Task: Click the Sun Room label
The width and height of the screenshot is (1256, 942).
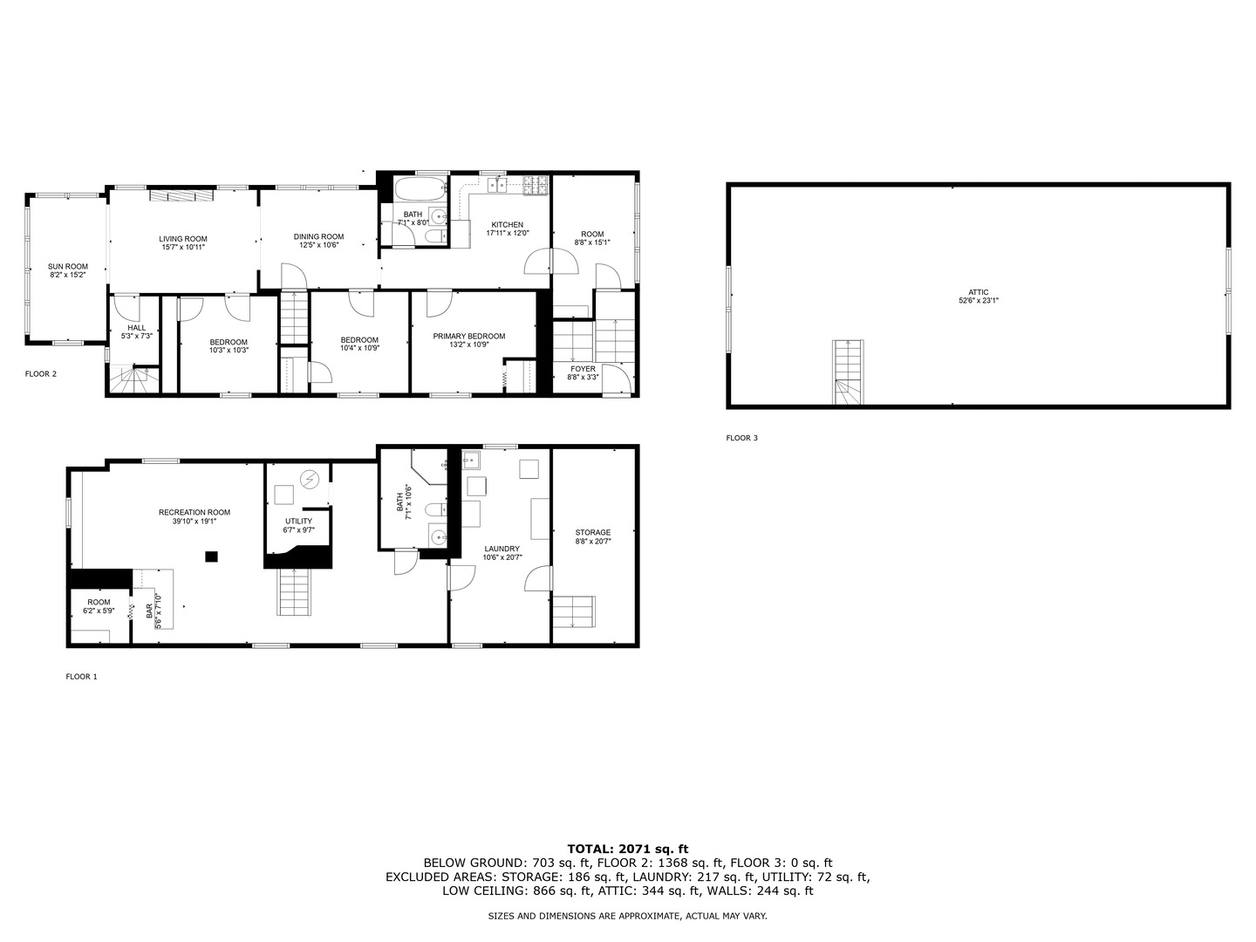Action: point(67,267)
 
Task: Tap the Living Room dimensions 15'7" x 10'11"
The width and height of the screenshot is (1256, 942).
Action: point(182,247)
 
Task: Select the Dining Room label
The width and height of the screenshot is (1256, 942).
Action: point(318,236)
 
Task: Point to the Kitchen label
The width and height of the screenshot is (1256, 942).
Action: point(507,225)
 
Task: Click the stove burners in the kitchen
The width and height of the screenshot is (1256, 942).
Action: point(535,183)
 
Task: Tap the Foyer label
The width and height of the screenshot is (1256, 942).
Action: point(583,369)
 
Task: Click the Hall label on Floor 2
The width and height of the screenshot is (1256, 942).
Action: point(137,328)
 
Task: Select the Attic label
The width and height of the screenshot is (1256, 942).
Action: point(978,292)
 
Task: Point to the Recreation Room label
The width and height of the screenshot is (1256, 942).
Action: point(194,512)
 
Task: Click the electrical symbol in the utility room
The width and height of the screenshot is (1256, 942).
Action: point(310,479)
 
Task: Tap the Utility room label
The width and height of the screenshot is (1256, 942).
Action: point(297,521)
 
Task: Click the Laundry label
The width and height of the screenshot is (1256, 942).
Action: point(502,549)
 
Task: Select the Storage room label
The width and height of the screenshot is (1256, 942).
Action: point(592,532)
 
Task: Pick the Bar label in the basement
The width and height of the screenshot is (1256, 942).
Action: point(149,611)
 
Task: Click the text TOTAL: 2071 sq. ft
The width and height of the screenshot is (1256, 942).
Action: point(627,848)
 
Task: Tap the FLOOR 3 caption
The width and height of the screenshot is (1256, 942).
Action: point(741,438)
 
